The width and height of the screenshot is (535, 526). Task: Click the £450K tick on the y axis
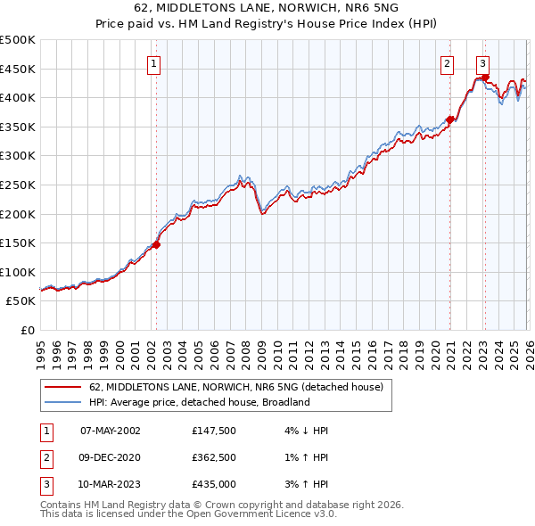18,69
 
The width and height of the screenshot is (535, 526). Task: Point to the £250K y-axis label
18,185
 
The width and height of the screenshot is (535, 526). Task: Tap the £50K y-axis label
21,301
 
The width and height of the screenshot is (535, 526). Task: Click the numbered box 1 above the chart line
155,63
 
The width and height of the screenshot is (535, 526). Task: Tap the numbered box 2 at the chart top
447,63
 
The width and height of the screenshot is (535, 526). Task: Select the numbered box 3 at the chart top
482,63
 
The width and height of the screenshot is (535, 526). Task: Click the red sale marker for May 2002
156,244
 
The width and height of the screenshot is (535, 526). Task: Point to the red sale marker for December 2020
450,119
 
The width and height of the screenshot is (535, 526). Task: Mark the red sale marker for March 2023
486,78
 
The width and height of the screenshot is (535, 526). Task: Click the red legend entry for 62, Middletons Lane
236,387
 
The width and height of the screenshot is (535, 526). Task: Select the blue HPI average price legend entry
199,402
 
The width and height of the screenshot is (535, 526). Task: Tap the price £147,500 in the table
214,431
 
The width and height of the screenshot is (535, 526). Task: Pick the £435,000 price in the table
214,485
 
